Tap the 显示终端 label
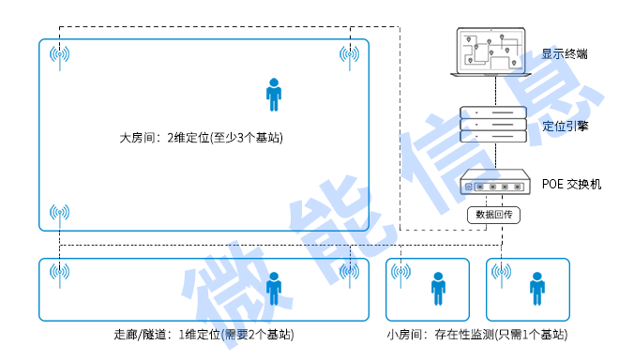565,54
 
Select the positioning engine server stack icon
491,124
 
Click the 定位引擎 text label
565,126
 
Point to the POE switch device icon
491,183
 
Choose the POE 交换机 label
571,184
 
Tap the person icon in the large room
273,94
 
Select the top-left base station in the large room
59,55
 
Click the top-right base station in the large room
350,55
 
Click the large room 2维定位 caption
201,138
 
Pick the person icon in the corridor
273,288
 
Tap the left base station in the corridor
59,272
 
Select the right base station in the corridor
350,272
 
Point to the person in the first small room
437,288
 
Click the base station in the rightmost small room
502,273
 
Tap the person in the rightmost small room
536,288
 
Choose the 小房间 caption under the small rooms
477,335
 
